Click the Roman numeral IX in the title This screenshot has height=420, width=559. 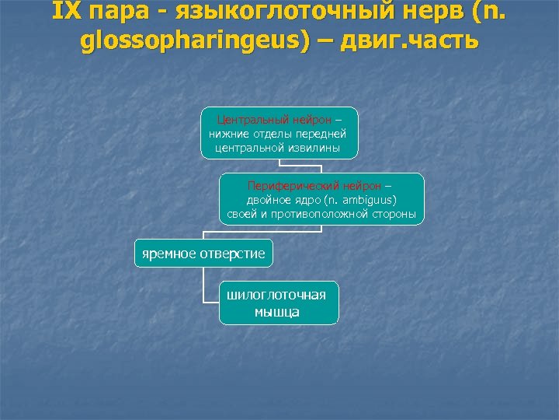point(66,12)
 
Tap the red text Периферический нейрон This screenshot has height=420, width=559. point(314,186)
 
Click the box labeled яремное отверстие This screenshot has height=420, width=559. point(203,254)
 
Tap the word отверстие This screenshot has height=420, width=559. point(233,254)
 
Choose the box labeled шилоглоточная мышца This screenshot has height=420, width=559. point(279,303)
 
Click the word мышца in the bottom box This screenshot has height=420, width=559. point(277,313)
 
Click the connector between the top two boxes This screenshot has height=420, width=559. point(279,166)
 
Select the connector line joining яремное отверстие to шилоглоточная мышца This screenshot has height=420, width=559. point(203,288)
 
